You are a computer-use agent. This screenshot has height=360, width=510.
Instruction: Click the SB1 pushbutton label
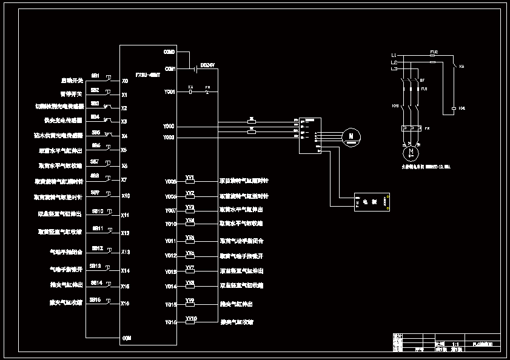(95, 76)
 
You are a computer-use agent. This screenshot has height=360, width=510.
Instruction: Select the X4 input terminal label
(124, 136)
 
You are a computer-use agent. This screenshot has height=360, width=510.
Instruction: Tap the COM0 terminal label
(169, 52)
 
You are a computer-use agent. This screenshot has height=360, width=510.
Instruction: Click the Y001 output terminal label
(169, 92)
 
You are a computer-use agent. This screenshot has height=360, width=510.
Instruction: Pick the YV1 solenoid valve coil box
(190, 181)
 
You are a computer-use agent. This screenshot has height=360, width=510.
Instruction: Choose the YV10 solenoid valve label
(191, 318)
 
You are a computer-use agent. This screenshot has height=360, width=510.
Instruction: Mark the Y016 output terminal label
(170, 322)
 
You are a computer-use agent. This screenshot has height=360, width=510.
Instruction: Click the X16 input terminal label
(125, 303)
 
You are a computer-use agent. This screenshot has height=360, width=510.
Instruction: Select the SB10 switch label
(97, 211)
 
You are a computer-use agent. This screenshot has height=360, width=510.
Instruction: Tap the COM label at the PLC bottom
(127, 338)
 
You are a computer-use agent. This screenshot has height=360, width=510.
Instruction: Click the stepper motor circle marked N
(350, 137)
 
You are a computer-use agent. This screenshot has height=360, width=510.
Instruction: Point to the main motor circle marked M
(410, 150)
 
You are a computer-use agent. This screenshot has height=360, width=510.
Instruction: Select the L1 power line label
(394, 55)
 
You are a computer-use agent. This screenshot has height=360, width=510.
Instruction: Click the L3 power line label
(394, 69)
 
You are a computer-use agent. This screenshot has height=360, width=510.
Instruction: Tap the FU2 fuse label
(434, 52)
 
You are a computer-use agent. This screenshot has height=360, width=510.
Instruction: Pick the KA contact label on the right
(461, 66)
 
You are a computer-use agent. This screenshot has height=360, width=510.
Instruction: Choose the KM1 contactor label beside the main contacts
(395, 107)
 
